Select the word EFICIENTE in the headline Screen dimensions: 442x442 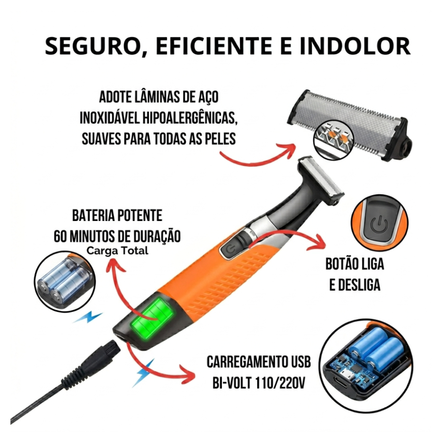coord(214,46)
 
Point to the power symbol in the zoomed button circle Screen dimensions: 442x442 coord(379,224)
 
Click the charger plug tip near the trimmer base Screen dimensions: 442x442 coord(112,349)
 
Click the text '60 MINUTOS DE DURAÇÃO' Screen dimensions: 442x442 coord(117,236)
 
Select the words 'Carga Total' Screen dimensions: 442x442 coord(117,251)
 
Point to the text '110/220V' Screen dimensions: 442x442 coord(281,382)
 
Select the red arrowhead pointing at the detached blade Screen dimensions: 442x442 coord(289,151)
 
